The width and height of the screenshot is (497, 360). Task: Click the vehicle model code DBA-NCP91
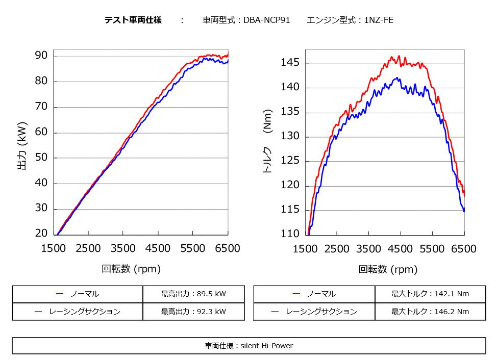pos(267,20)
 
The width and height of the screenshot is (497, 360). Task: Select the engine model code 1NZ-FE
pos(378,20)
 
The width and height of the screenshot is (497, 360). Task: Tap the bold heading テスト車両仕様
pos(133,20)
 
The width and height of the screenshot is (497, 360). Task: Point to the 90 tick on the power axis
pos(41,55)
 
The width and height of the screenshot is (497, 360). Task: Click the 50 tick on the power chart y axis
pos(41,157)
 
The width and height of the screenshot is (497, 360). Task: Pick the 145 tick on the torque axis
pos(290,63)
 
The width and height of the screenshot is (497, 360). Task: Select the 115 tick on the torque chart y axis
pos(290,210)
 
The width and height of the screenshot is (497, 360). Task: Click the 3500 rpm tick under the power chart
pos(123,248)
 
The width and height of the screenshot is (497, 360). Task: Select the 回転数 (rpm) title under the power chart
pos(131,269)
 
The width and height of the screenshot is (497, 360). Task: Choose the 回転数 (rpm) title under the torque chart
pos(388,269)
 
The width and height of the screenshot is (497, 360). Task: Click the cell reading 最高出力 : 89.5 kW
pos(193,294)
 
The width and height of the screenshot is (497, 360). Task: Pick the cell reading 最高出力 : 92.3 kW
pos(193,311)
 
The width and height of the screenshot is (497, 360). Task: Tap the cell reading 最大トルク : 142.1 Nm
pos(430,294)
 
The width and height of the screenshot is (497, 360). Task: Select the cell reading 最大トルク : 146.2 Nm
pos(430,311)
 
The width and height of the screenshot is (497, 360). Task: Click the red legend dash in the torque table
pos(275,311)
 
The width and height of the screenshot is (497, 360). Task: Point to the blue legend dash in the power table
pos(60,294)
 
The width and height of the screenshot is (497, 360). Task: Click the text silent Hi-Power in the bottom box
pos(270,346)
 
